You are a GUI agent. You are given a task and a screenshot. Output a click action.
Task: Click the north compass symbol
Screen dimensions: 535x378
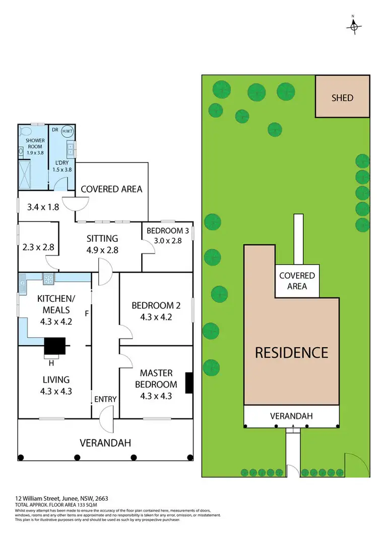pos(354,25)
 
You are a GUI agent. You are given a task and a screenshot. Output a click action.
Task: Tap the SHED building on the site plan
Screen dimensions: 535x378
pos(342,97)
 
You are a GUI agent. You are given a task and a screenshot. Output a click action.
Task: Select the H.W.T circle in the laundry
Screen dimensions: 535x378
pos(67,132)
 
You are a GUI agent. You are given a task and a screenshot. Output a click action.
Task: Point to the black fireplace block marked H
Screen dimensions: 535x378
pos(54,347)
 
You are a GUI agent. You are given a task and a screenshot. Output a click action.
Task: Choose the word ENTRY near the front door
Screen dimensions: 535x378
pos(105,399)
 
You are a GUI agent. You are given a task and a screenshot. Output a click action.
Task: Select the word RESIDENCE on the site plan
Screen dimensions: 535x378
pos(291,352)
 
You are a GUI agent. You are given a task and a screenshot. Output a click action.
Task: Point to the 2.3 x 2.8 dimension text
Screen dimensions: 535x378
pos(38,248)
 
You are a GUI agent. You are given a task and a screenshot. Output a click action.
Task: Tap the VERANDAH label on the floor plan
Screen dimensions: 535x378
pos(105,443)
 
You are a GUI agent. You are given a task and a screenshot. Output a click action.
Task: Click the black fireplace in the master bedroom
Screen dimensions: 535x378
pos(189,383)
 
